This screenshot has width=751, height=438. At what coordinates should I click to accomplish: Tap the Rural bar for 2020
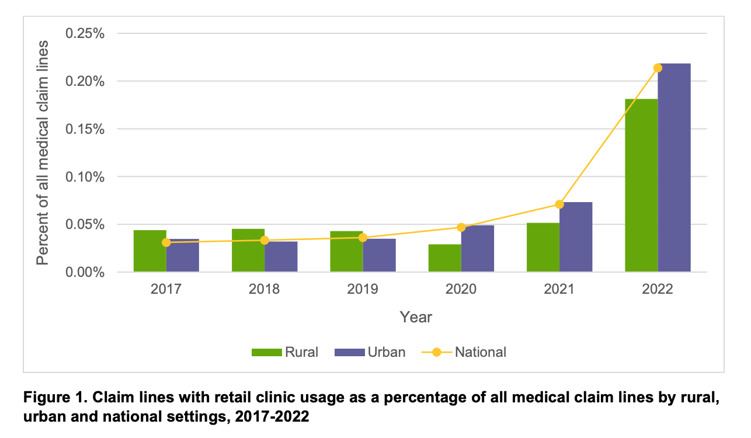(444, 258)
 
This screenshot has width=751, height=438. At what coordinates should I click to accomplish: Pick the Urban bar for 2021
(576, 237)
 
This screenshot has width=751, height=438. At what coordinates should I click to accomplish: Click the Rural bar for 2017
(149, 251)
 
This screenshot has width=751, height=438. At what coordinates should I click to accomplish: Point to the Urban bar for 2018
(281, 257)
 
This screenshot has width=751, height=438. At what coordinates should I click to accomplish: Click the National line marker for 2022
(658, 68)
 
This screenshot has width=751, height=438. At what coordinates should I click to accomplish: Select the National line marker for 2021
(559, 204)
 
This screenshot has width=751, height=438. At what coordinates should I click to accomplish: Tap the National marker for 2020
(461, 227)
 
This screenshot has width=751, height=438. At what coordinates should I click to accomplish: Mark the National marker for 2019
(363, 238)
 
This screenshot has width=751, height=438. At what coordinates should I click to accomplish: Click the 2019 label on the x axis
(363, 289)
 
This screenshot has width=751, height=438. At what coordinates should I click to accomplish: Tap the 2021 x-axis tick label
(559, 289)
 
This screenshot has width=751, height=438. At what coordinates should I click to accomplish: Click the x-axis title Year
(416, 317)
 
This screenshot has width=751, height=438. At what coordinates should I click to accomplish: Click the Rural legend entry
(286, 352)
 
